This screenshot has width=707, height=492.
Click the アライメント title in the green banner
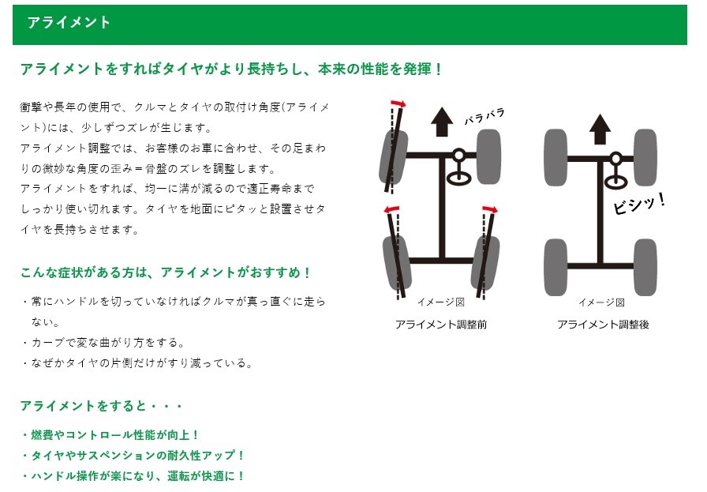tap(69, 23)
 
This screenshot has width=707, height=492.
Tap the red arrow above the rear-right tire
tap(491, 209)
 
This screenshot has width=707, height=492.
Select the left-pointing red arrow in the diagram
tap(391, 209)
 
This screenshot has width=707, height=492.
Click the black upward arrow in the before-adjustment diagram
tap(441, 122)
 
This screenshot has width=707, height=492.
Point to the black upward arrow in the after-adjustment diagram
tap(600, 127)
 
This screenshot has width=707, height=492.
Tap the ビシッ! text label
tap(639, 203)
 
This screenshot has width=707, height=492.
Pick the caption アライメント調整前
tap(441, 325)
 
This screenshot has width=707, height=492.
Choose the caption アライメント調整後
tap(603, 325)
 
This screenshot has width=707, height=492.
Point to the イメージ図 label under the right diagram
tap(601, 302)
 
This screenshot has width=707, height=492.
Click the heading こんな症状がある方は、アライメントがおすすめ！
tap(166, 272)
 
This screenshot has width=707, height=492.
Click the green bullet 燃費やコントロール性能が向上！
tap(110, 435)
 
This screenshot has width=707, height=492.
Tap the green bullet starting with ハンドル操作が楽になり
tap(133, 476)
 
